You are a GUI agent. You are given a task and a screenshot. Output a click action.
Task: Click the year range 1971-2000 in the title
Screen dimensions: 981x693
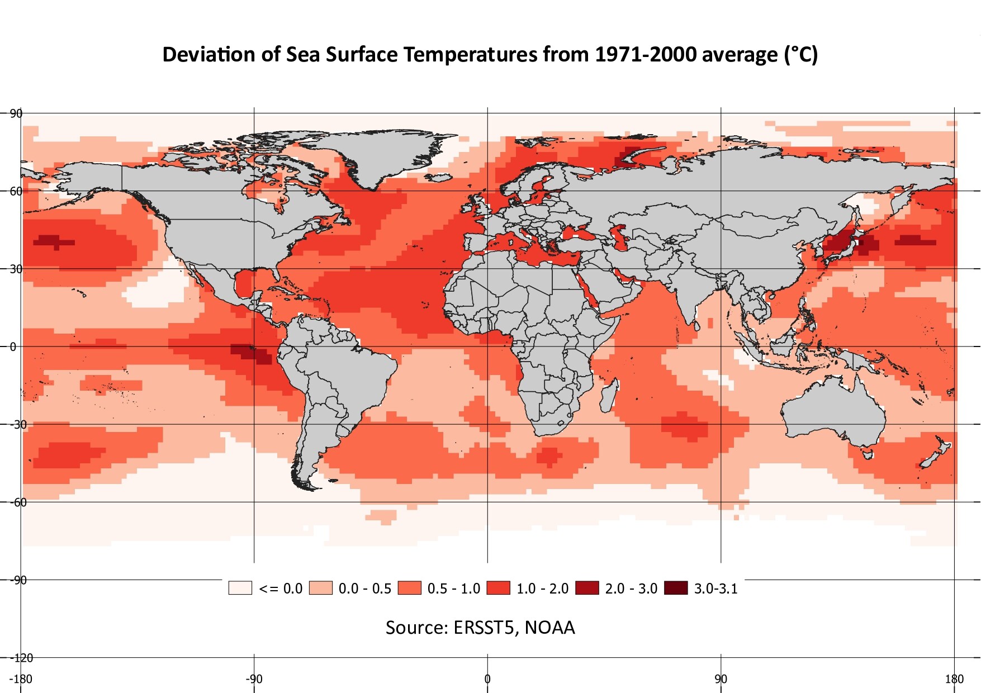[x=645, y=55]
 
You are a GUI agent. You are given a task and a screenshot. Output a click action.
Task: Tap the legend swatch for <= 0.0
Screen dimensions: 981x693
[x=240, y=588]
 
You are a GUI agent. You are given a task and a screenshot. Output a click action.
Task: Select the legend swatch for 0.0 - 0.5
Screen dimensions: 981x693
[x=320, y=588]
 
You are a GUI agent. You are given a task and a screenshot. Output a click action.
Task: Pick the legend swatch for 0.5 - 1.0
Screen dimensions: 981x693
[x=409, y=588]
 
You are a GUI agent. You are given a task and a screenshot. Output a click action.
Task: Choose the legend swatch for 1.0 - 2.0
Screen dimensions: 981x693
[x=498, y=588]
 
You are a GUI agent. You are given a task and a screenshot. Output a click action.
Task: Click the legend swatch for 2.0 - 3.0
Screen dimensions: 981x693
[x=587, y=588]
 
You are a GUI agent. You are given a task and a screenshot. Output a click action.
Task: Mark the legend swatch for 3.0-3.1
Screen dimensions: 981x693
[x=676, y=588]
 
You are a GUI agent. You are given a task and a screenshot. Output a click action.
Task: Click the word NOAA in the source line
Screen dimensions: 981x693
[x=549, y=628]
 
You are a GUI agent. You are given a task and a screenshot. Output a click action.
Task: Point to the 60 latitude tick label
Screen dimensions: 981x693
[x=16, y=191]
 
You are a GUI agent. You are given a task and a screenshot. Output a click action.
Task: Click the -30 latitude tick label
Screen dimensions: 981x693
[x=18, y=425]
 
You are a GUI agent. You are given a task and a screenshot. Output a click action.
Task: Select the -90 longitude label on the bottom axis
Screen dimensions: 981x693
[x=254, y=679]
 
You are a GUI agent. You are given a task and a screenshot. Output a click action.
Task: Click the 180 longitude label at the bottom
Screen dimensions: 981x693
[x=955, y=679]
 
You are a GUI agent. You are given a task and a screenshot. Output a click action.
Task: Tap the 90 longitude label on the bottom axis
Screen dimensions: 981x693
[x=721, y=679]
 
